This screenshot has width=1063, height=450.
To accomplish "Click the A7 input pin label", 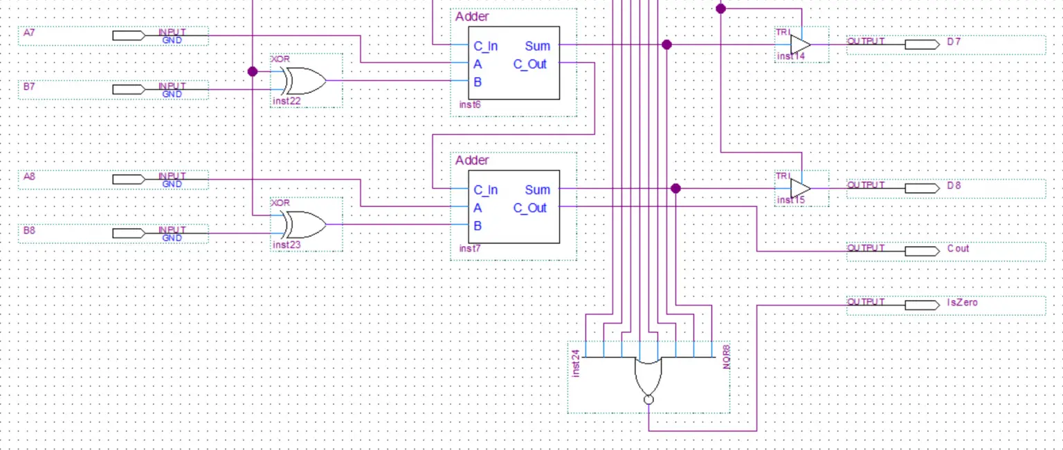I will [x=28, y=32].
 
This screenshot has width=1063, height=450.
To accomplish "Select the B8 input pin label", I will [x=28, y=230].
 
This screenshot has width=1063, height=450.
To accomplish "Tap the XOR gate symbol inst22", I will [x=305, y=81].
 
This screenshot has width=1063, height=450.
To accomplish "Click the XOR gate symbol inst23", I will [x=305, y=225].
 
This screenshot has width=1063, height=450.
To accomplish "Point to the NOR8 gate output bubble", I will [x=648, y=400].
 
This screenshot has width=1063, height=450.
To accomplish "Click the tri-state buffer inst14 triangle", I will [x=799, y=45].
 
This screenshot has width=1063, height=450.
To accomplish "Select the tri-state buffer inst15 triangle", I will [x=799, y=189].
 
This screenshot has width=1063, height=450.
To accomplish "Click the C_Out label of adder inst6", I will [x=530, y=64].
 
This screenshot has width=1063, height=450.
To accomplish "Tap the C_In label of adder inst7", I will [x=485, y=190].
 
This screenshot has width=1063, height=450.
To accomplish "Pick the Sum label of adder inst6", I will [x=537, y=46].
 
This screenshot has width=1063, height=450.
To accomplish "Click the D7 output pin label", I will [x=954, y=41].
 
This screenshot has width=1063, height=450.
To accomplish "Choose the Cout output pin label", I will [x=958, y=248].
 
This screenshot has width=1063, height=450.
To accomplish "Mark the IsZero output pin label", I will [x=962, y=302].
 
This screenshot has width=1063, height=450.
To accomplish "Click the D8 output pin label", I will [x=954, y=185].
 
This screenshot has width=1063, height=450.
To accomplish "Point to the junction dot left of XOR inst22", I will [x=253, y=71].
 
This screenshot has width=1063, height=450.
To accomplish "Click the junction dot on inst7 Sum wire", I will [x=676, y=189].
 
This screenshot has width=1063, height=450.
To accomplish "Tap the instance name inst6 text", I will [x=470, y=105].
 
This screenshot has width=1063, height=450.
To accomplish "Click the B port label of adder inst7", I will [x=478, y=226].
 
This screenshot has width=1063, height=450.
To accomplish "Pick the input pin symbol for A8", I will [x=129, y=179].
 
